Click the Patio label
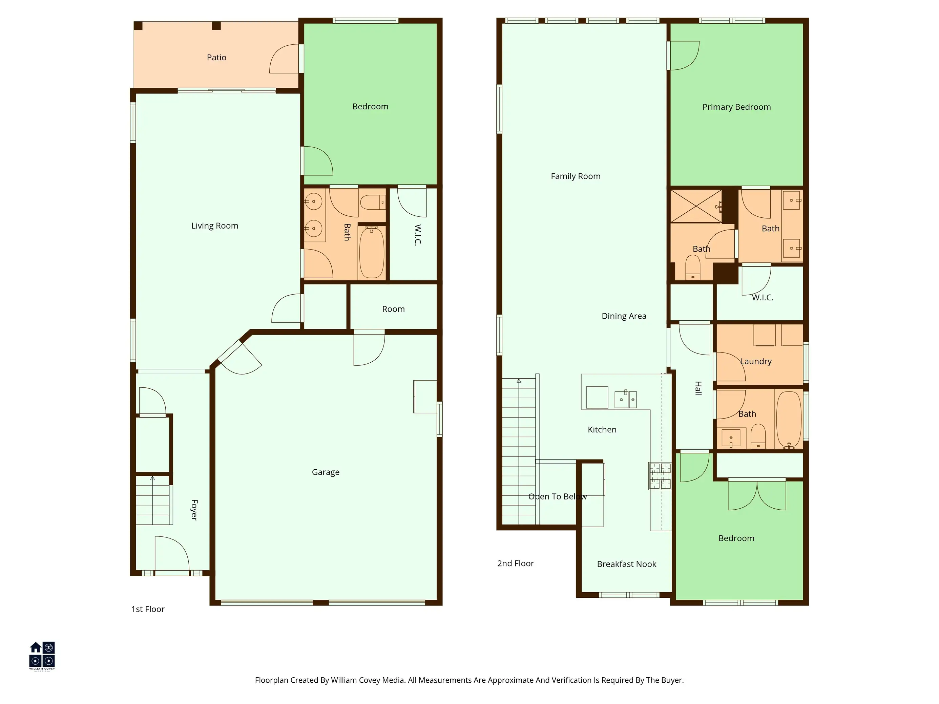(x=216, y=57)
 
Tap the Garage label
(x=326, y=472)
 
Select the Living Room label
(x=215, y=226)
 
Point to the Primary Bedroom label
(x=736, y=107)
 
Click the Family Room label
(x=576, y=176)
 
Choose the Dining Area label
(x=624, y=316)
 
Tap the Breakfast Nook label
(x=627, y=564)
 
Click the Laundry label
(x=756, y=362)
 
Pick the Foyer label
(x=194, y=510)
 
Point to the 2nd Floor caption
(x=515, y=563)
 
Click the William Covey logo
(x=42, y=656)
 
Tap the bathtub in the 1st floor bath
(x=372, y=253)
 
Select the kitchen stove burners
(x=660, y=476)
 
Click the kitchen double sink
(x=626, y=399)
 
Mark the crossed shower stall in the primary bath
(x=696, y=206)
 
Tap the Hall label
(x=698, y=388)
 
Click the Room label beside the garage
(x=394, y=309)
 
